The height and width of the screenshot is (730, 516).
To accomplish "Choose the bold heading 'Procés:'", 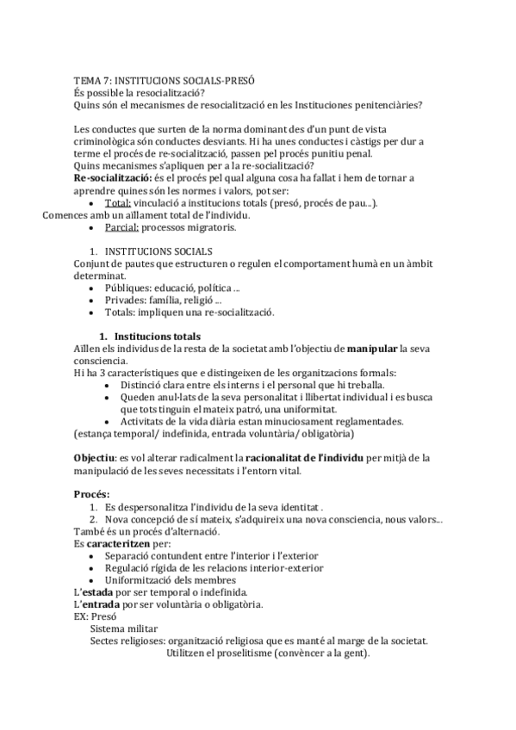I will tap(92, 494).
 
